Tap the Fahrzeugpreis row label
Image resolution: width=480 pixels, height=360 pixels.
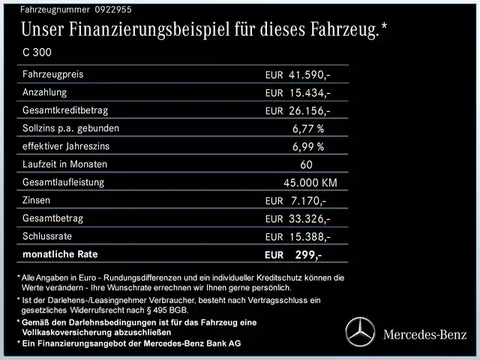click(53, 74)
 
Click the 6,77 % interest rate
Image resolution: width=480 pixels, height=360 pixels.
click(308, 128)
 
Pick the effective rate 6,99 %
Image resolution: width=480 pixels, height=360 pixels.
click(308, 146)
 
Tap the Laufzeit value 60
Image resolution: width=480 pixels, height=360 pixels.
click(306, 164)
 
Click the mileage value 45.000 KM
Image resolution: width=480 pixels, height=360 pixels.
click(310, 182)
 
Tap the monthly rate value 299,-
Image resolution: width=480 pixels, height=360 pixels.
click(308, 255)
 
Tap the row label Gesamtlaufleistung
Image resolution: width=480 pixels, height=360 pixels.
click(64, 182)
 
